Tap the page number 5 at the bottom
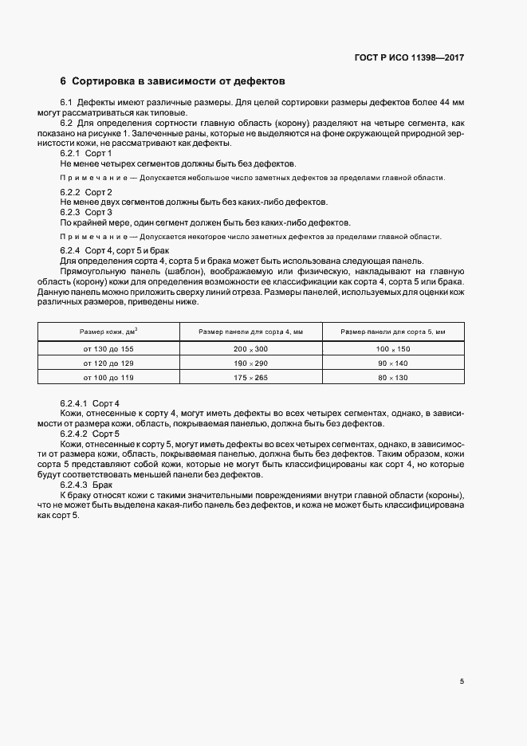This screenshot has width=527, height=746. click(x=462, y=681)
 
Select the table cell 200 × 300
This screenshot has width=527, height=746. click(x=250, y=350)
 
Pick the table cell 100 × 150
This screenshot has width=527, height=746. click(x=392, y=350)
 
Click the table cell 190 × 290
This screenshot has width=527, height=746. click(x=250, y=363)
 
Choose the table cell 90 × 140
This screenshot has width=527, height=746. click(x=392, y=363)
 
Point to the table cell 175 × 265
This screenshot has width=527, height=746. click(x=250, y=376)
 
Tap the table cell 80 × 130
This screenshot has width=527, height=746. click(x=392, y=376)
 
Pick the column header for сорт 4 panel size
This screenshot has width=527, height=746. click(x=250, y=332)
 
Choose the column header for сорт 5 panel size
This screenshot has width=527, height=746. click(x=392, y=332)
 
